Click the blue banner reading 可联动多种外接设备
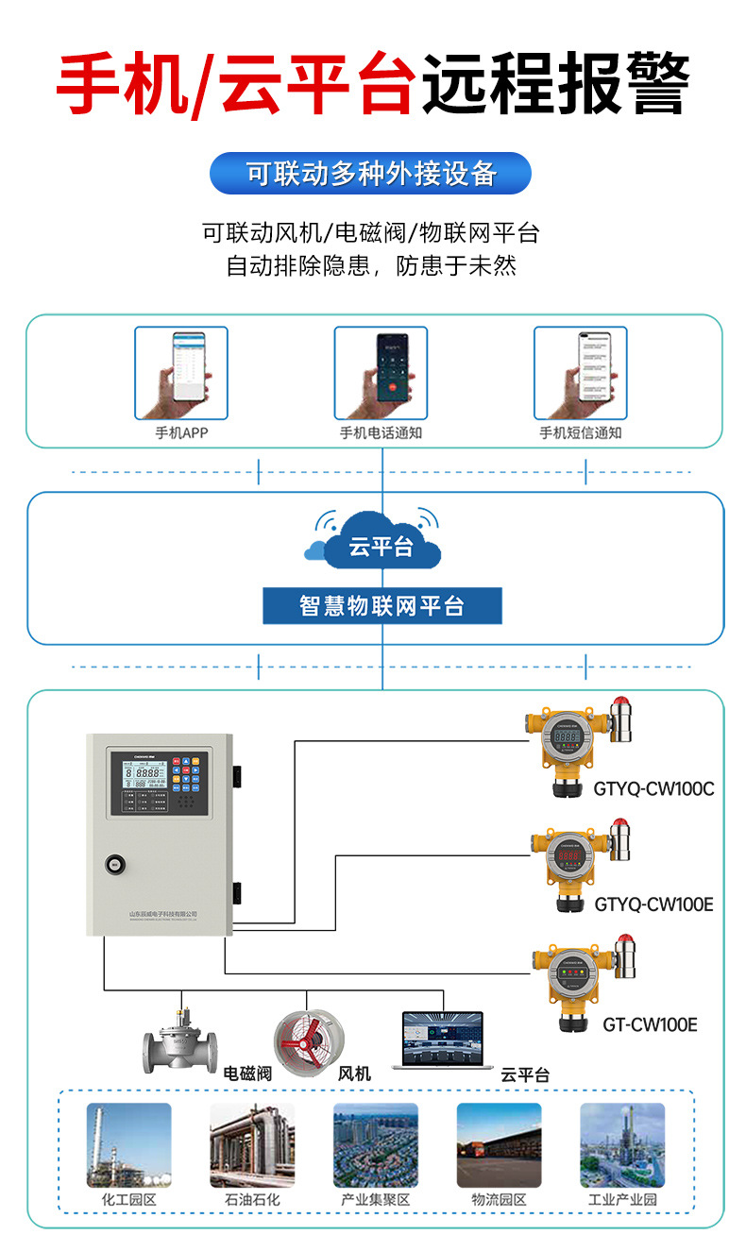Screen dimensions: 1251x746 coord(370,174)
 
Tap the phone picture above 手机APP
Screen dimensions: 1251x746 coord(180,373)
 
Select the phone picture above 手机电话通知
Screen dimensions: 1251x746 coord(381,373)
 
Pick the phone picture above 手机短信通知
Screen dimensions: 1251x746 coord(580,373)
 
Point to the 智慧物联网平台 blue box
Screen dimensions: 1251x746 coord(381,606)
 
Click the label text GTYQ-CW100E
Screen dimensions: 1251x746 coord(653,904)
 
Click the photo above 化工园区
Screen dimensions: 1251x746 coord(128,1144)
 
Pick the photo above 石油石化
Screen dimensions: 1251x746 coord(252,1144)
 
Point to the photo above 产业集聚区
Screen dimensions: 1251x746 coord(375,1144)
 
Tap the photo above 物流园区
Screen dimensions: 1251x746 coord(499,1144)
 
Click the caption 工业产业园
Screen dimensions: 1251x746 coord(621,1200)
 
